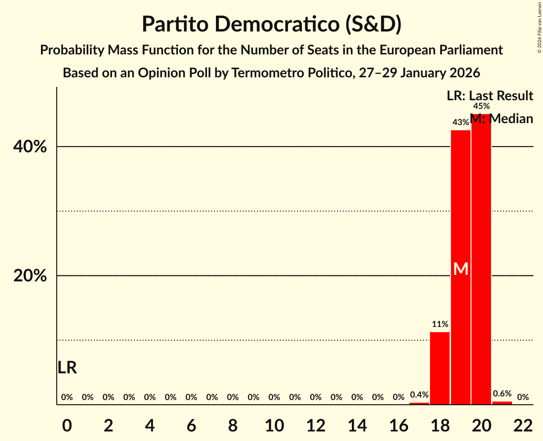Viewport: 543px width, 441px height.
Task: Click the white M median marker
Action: point(461,269)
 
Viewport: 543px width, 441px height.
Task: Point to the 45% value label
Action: point(481,106)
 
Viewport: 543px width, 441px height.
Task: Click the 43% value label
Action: point(461,123)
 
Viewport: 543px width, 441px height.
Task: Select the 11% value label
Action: point(440,325)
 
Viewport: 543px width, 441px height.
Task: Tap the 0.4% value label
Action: point(419,395)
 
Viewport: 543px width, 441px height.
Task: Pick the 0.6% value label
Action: point(502,394)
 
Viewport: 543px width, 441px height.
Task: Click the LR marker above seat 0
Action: point(67,367)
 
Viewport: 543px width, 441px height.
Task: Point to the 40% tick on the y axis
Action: point(30,147)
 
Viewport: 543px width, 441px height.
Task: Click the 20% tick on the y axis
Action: point(30,276)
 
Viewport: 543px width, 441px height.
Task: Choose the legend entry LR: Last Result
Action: point(490,96)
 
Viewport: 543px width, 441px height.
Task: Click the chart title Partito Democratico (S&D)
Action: point(271,24)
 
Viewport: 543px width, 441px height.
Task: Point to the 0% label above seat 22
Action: point(523,397)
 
